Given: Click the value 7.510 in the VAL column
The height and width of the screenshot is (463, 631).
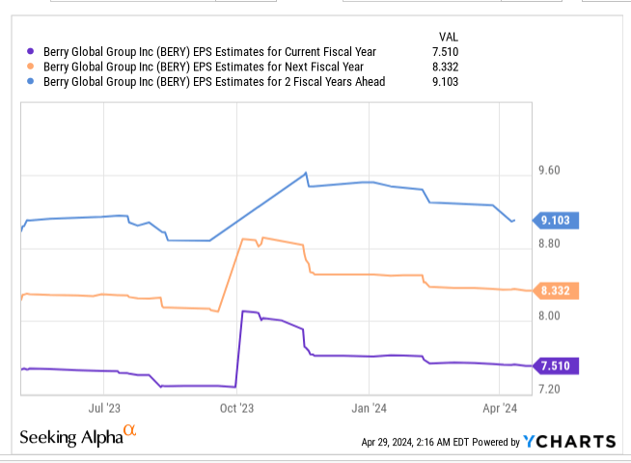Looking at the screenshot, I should [443, 52].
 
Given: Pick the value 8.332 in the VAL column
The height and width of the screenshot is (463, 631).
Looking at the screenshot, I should [443, 68].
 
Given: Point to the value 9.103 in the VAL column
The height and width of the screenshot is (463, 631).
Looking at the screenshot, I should [443, 82].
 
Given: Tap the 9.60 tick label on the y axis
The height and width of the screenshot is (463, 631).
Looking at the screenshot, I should [551, 171].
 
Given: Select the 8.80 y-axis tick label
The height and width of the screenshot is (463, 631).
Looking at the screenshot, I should [551, 244].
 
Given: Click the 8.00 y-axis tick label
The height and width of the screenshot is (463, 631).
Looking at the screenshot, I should [551, 316].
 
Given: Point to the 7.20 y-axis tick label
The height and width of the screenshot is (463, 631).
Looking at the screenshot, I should [551, 389].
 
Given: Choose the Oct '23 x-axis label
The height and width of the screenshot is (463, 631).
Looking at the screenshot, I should [236, 407].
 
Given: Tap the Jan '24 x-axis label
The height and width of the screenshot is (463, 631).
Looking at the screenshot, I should [370, 407].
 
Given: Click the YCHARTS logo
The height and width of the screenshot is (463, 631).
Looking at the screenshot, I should [569, 442].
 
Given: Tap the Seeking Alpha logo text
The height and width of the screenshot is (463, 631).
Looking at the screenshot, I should [72, 436].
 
